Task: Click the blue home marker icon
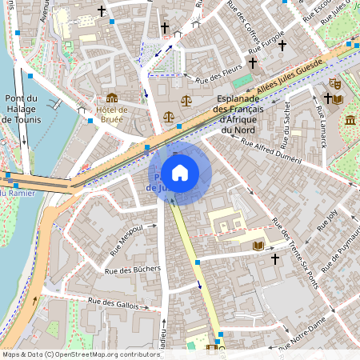(x=180, y=171)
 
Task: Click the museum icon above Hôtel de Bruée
(x=111, y=98)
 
